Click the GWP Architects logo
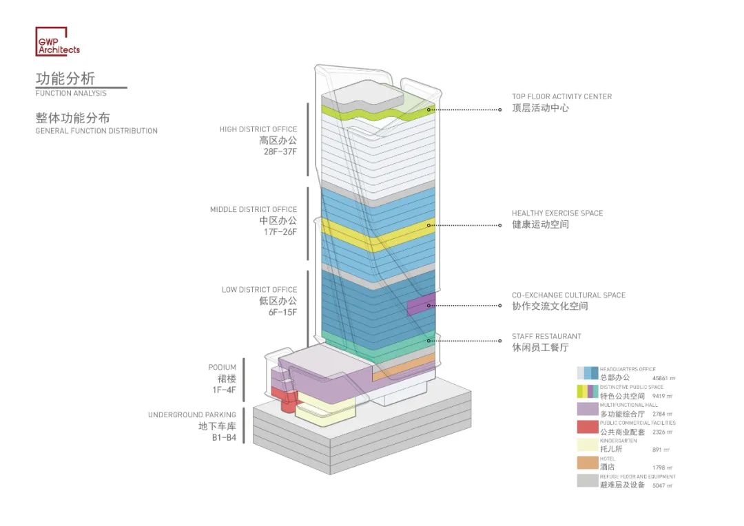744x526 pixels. coord(57,41)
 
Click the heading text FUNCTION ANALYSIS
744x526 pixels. coord(71,94)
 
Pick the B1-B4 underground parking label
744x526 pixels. coord(224,437)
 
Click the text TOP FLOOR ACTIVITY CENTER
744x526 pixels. coord(561,96)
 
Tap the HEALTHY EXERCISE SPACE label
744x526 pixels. coord(557,213)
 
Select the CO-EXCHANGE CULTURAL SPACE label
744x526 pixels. coord(568,295)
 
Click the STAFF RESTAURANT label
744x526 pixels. coord(546,336)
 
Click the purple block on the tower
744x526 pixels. coord(420,305)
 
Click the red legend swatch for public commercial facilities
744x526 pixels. coord(588,427)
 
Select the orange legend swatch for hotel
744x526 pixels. coord(588,463)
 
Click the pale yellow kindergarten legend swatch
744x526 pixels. coord(588,445)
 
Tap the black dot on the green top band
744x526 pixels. coord(429,109)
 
